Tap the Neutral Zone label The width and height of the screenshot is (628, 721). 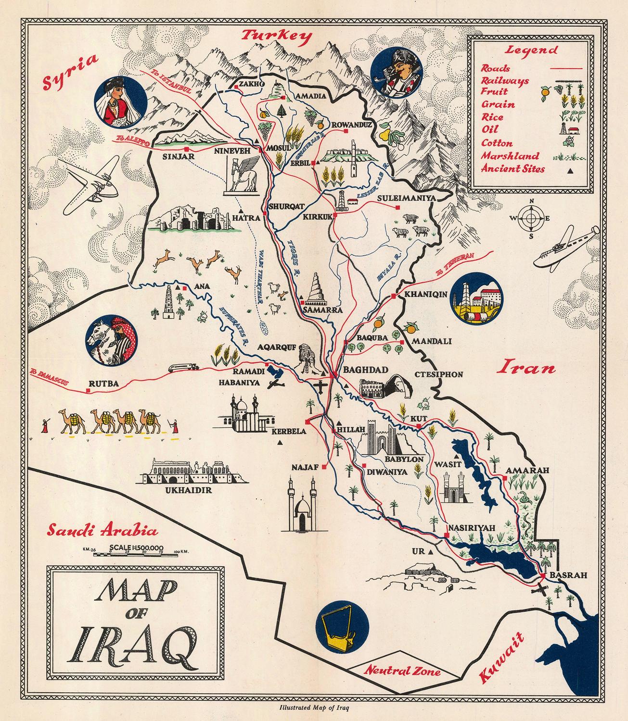(x=402, y=671)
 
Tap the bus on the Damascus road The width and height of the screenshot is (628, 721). (x=183, y=368)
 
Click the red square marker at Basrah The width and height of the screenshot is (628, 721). (x=542, y=575)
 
